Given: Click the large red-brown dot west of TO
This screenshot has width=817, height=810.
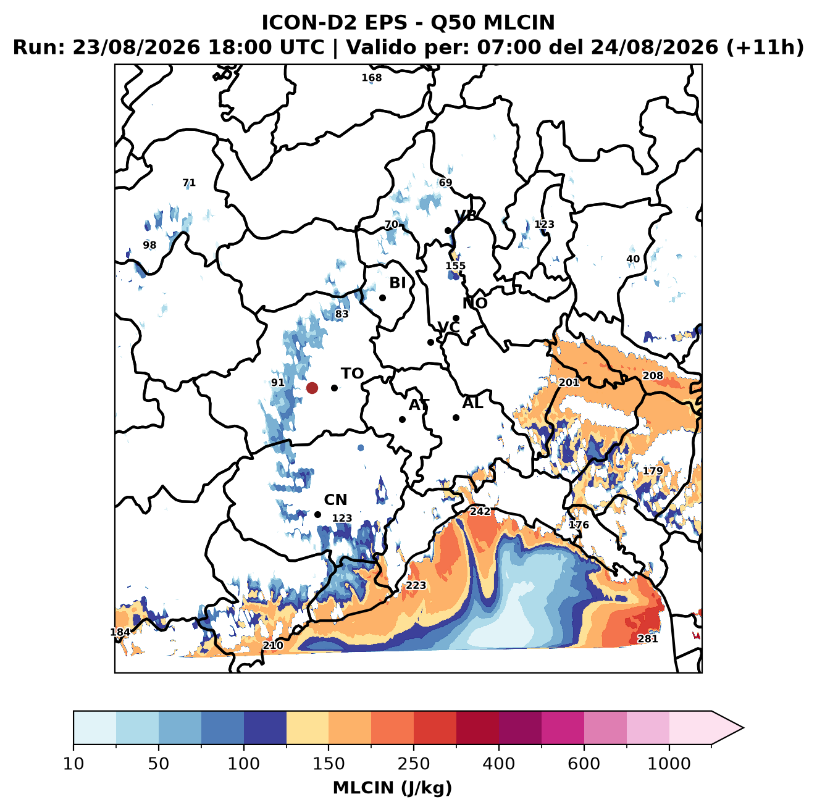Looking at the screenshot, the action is [312, 388].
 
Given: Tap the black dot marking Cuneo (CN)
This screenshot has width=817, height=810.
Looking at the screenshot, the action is [317, 514].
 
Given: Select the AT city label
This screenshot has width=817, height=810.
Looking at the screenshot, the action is [419, 405].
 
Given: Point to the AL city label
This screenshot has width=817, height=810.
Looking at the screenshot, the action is [472, 403].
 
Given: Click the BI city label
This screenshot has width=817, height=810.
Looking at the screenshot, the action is [397, 283].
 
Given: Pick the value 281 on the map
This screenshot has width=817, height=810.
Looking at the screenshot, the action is [647, 639].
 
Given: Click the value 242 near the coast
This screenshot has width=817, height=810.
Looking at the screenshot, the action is [480, 512].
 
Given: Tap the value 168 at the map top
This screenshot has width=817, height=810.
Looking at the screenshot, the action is [371, 78].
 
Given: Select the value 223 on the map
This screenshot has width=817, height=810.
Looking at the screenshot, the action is [416, 585].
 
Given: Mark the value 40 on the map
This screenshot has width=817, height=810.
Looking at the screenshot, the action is [633, 259].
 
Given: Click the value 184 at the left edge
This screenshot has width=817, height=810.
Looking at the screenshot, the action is [120, 632].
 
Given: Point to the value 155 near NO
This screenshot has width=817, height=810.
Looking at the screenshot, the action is [455, 265].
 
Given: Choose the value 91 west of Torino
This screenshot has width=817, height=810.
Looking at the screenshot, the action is [278, 382].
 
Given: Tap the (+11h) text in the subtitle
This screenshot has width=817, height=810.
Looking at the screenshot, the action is [765, 48].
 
